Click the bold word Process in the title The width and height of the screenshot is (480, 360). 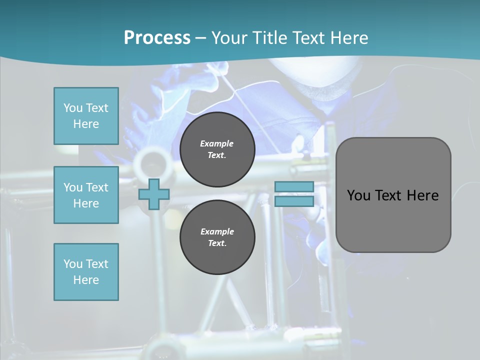[x=157, y=38]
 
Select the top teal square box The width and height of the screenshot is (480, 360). [x=86, y=116]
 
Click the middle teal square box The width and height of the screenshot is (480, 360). [x=86, y=195]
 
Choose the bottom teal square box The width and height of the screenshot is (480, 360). [x=86, y=272]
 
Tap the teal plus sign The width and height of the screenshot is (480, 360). [x=153, y=194]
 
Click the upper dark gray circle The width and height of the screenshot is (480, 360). [x=217, y=149]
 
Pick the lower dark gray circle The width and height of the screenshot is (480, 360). [x=217, y=237]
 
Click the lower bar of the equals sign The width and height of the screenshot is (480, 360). [x=294, y=201]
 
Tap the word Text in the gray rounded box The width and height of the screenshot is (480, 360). [x=388, y=195]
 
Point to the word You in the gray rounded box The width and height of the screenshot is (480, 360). [x=359, y=195]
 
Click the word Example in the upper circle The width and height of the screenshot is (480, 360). [x=217, y=143]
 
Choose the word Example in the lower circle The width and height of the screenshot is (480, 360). [x=217, y=231]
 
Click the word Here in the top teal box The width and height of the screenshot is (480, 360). [x=86, y=124]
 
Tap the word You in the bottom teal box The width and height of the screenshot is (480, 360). [x=73, y=264]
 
